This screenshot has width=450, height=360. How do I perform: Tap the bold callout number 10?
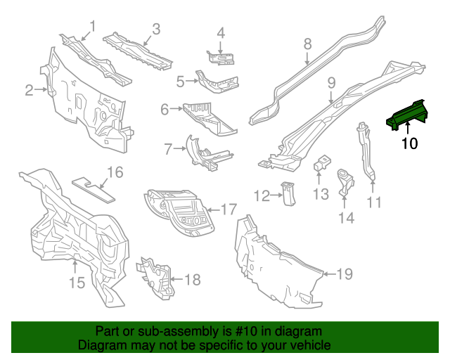[x=409, y=143]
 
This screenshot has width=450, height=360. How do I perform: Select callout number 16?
[x=115, y=172]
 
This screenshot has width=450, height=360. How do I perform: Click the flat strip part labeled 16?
[x=94, y=190]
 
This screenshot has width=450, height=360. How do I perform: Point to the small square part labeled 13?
[x=322, y=162]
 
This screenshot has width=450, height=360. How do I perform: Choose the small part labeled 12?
[x=288, y=193]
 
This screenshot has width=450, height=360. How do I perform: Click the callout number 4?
[x=221, y=33]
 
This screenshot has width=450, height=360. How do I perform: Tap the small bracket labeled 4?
[x=221, y=58]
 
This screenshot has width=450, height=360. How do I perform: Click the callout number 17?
[x=229, y=209]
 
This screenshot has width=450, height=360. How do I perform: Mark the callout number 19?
[x=345, y=274]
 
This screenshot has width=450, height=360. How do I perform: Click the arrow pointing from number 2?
[x=41, y=90]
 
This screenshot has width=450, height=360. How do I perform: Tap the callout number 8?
[x=307, y=44]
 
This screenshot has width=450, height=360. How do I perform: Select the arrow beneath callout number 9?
[x=331, y=97]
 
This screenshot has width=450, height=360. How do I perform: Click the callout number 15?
[x=77, y=283]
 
